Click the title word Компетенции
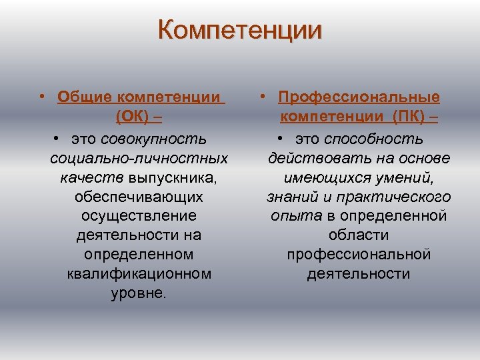point(240,31)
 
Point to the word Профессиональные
point(359,97)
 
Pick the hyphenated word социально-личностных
point(139,159)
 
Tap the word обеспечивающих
point(139,198)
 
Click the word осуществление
point(139,217)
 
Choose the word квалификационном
point(139,274)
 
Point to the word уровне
point(139,293)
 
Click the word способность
point(374,139)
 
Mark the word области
point(359,235)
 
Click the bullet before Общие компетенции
point(42,97)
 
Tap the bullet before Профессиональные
point(264,97)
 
